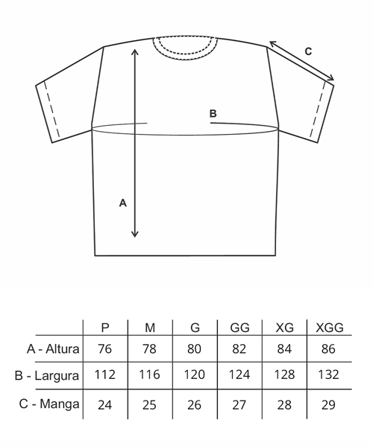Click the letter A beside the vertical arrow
(123, 203)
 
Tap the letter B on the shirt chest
(213, 113)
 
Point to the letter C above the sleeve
(308, 51)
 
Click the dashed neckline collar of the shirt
(185, 56)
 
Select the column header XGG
(330, 328)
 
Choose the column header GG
(239, 328)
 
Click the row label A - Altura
(53, 348)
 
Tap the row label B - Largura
(47, 376)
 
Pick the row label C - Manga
(49, 404)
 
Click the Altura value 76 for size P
(105, 348)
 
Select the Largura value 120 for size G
(195, 375)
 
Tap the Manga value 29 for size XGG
(328, 404)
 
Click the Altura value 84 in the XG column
(284, 348)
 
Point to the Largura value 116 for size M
(149, 375)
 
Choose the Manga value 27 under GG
(239, 404)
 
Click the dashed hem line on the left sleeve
(51, 109)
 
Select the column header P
(105, 328)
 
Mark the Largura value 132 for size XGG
(328, 375)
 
